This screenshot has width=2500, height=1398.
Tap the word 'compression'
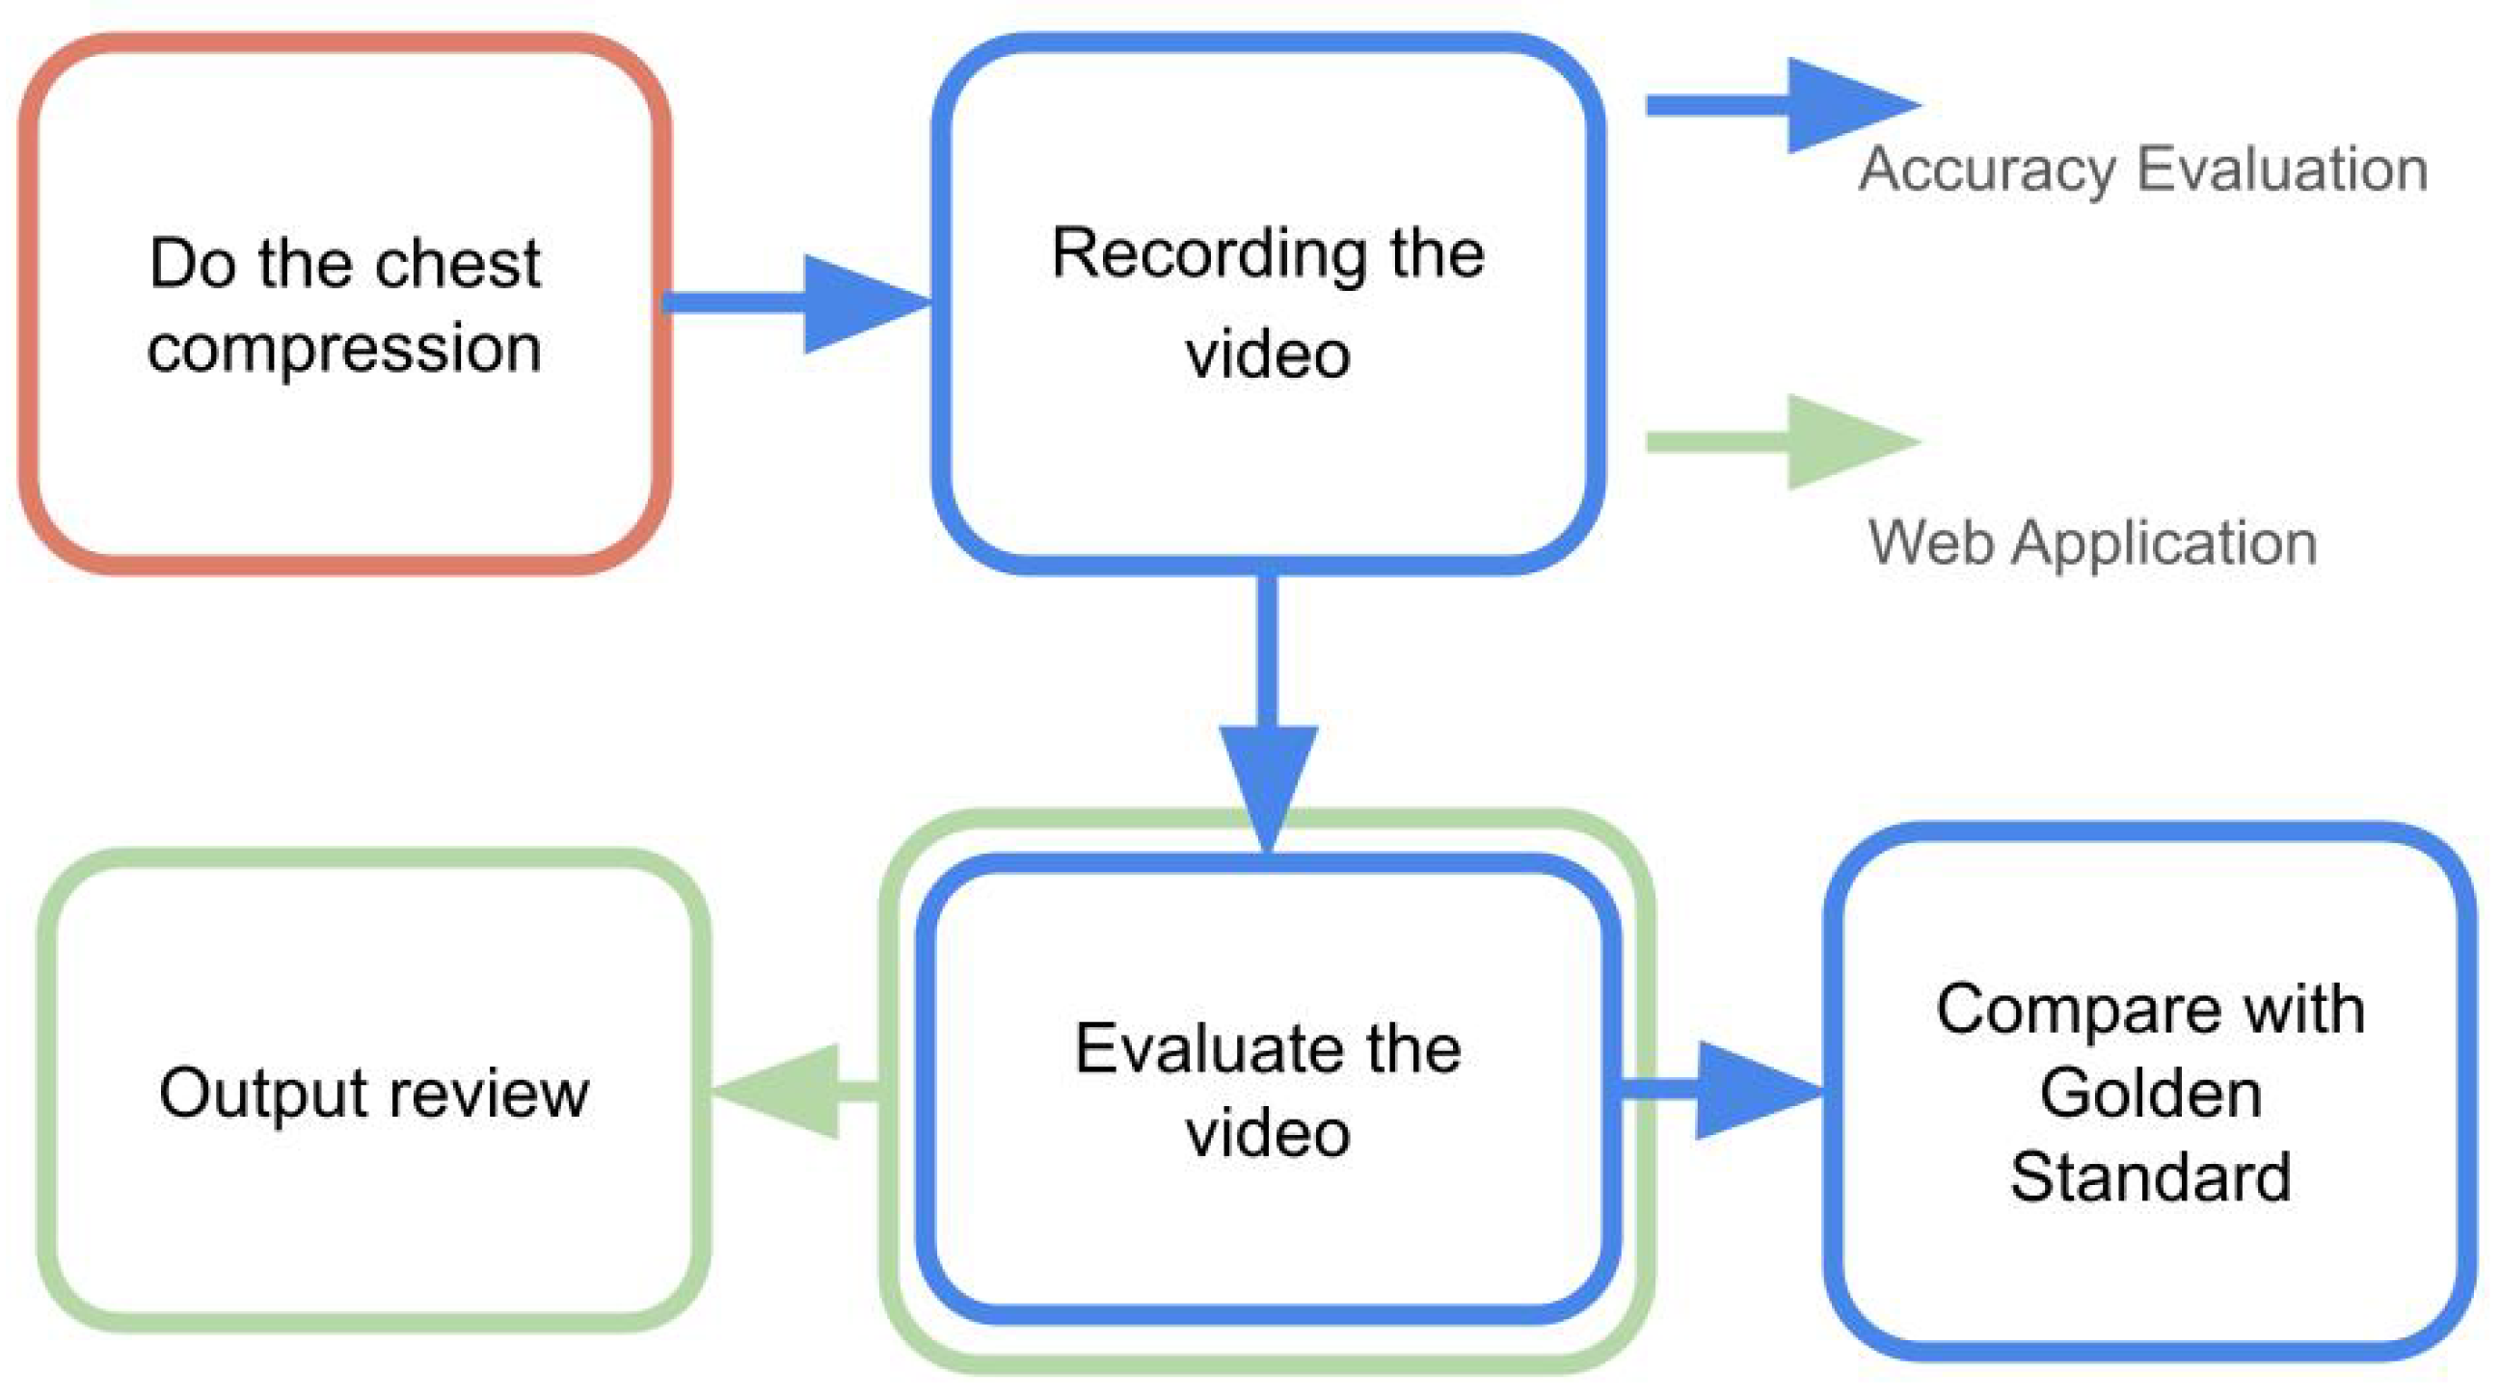coord(344,348)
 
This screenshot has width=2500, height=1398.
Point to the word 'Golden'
coord(2151,1095)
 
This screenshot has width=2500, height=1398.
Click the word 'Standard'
coord(2151,1177)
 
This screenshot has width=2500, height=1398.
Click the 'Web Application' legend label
coord(2092,542)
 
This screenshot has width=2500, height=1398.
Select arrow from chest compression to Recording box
coord(795,303)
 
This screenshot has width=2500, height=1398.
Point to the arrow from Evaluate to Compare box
coord(1723,1090)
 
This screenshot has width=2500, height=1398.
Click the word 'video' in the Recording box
coord(1268,356)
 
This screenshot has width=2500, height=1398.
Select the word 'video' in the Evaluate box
coord(1268,1133)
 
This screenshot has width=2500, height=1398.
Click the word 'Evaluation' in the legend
coord(2282,170)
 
